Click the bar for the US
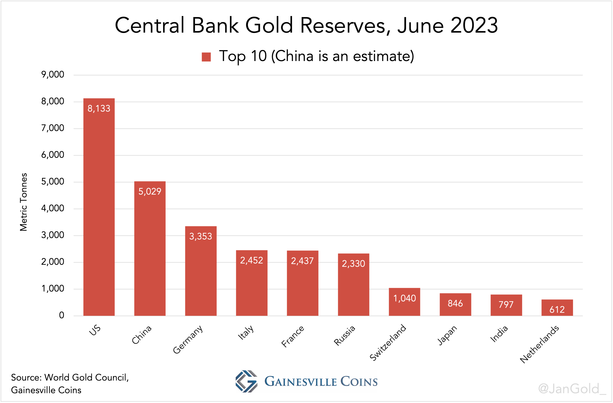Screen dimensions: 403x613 pos(99,206)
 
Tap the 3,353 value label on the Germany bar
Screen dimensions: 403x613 pos(201,236)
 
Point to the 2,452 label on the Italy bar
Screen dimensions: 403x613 pos(251,260)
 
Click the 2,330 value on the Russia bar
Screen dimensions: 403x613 pos(353,264)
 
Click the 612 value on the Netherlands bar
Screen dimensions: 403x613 pos(557,309)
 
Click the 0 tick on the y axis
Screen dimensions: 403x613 pos(61,315)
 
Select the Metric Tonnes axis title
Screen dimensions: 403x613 pos(23,202)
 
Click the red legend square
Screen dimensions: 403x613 pos(206,57)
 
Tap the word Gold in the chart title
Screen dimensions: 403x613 pos(269,25)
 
